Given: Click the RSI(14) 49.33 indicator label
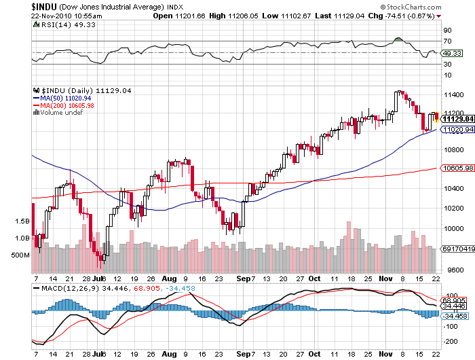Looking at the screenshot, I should [58, 24].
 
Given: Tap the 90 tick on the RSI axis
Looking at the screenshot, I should [448, 31].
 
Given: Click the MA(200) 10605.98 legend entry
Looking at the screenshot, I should [67, 105].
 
